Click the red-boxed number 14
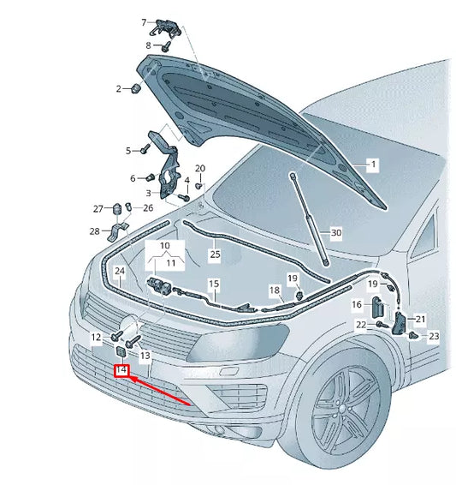(x=121, y=369)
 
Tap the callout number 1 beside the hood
(x=373, y=165)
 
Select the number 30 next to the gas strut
(x=336, y=232)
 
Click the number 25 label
(x=216, y=254)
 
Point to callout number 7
(x=144, y=22)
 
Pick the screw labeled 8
(x=166, y=46)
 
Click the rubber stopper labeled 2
(x=136, y=88)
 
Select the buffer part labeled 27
(x=117, y=209)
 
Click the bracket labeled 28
(x=117, y=231)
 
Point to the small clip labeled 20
(x=199, y=186)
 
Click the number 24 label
(x=120, y=271)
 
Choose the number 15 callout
(x=214, y=284)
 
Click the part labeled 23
(x=413, y=335)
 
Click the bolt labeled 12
(x=117, y=336)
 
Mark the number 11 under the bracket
(x=171, y=263)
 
